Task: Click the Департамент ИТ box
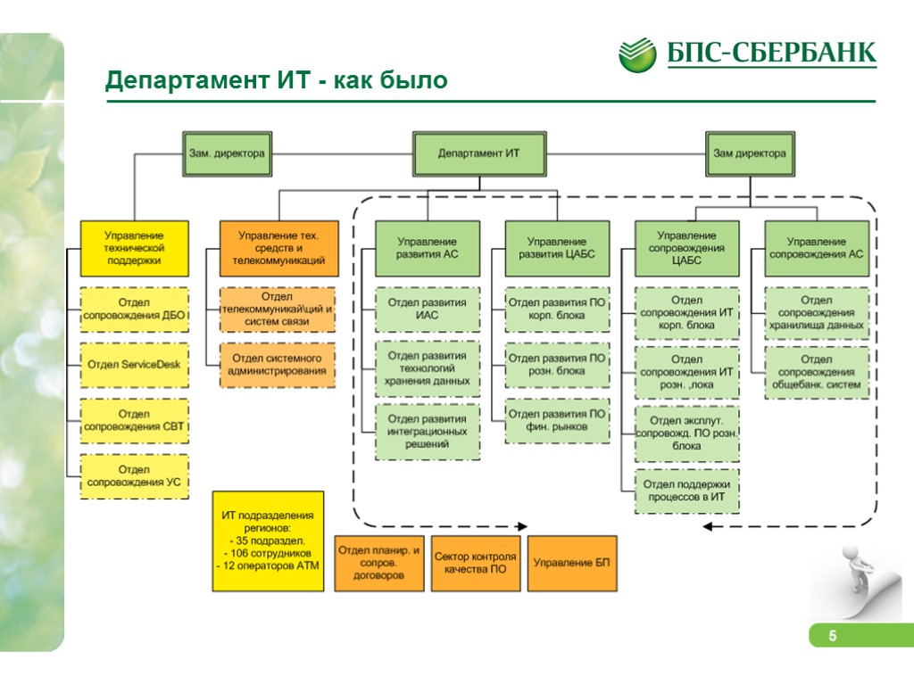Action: [x=478, y=153]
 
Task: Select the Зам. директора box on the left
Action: [x=226, y=153]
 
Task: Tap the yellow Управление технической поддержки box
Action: [x=134, y=248]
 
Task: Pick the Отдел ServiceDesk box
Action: [x=134, y=365]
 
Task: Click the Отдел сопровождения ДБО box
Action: [x=134, y=309]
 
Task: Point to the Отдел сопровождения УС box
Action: [x=134, y=476]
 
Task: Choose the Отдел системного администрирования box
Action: [x=278, y=365]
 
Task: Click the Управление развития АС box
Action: [x=427, y=248]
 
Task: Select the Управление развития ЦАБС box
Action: [x=557, y=248]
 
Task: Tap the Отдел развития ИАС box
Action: [x=427, y=309]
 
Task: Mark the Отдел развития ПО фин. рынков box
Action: [x=557, y=420]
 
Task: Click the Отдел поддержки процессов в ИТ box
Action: [x=686, y=490]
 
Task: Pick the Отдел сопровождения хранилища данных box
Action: [x=816, y=313]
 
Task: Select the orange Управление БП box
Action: [x=572, y=563]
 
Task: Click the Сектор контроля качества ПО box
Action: [x=475, y=563]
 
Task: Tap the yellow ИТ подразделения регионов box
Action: [x=268, y=541]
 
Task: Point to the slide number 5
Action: [x=832, y=636]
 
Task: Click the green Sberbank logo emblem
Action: [x=637, y=55]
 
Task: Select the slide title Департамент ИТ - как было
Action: [x=276, y=81]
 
